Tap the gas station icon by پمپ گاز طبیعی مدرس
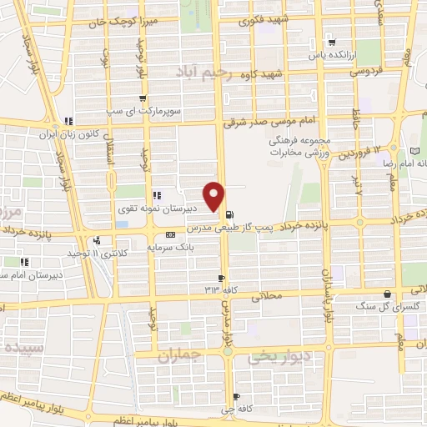[229, 213]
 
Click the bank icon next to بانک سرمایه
[170, 234]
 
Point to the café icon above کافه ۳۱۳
[221, 278]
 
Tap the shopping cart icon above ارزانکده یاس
[332, 43]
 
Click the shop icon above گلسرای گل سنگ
[387, 293]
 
